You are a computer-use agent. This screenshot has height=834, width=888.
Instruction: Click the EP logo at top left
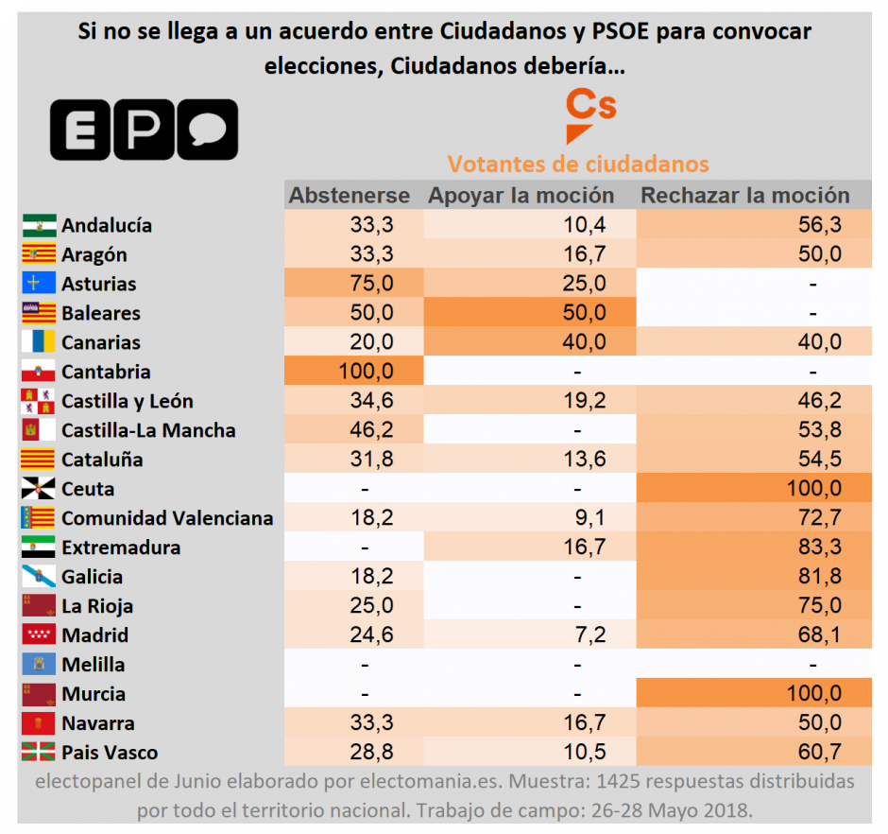(144, 130)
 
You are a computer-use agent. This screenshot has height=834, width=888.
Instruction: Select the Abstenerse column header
(349, 196)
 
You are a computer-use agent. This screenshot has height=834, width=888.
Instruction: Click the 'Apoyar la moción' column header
(521, 196)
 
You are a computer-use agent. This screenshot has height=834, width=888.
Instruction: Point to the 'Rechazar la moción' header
(745, 196)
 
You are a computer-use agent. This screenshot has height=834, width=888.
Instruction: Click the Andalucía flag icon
(39, 225)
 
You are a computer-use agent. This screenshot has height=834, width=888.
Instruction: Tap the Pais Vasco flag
(39, 753)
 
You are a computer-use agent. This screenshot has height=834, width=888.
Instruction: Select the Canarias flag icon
(39, 342)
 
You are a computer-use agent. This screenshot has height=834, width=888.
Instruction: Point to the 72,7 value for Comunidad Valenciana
(819, 518)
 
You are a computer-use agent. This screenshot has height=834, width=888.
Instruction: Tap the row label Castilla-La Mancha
(148, 430)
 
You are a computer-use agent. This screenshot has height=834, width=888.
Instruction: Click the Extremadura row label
(120, 547)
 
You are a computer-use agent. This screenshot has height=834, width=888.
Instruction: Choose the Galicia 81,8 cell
(819, 577)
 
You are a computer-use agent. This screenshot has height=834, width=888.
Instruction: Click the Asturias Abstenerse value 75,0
(372, 284)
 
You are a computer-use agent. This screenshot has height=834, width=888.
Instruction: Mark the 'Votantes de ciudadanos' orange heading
(577, 164)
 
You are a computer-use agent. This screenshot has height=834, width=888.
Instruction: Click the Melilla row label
(93, 665)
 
